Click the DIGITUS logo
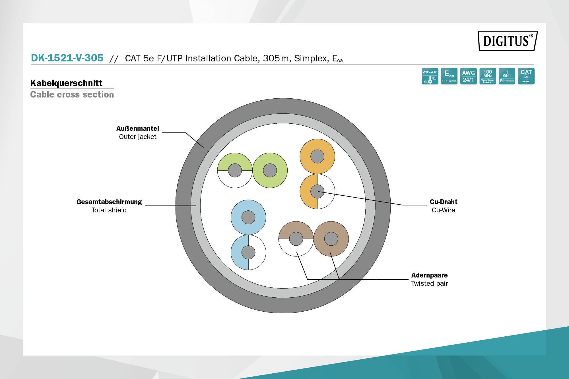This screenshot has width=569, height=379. (x=508, y=41)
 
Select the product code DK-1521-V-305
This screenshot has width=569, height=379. (x=67, y=58)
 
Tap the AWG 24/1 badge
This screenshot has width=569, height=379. (x=468, y=76)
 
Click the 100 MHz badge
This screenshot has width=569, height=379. (x=488, y=76)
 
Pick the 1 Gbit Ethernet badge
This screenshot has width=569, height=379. (x=507, y=76)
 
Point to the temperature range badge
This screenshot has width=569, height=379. (x=430, y=76)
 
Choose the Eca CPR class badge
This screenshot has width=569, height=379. (x=449, y=76)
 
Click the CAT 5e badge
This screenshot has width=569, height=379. (x=526, y=76)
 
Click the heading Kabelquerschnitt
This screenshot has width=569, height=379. (x=66, y=83)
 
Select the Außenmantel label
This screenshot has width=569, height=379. (x=138, y=129)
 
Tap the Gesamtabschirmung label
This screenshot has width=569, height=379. (x=109, y=202)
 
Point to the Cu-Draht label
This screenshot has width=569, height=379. (x=443, y=202)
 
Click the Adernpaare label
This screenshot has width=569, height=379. (x=429, y=275)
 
